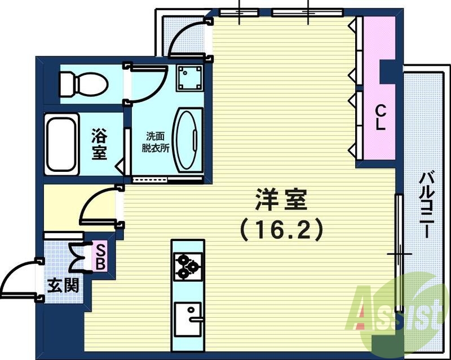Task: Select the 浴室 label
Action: tap(99, 144)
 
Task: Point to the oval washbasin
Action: tap(186, 140)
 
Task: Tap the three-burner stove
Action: tap(188, 266)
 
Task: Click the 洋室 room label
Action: tap(280, 198)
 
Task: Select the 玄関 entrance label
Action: tap(62, 285)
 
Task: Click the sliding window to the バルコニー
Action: tap(399, 254)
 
